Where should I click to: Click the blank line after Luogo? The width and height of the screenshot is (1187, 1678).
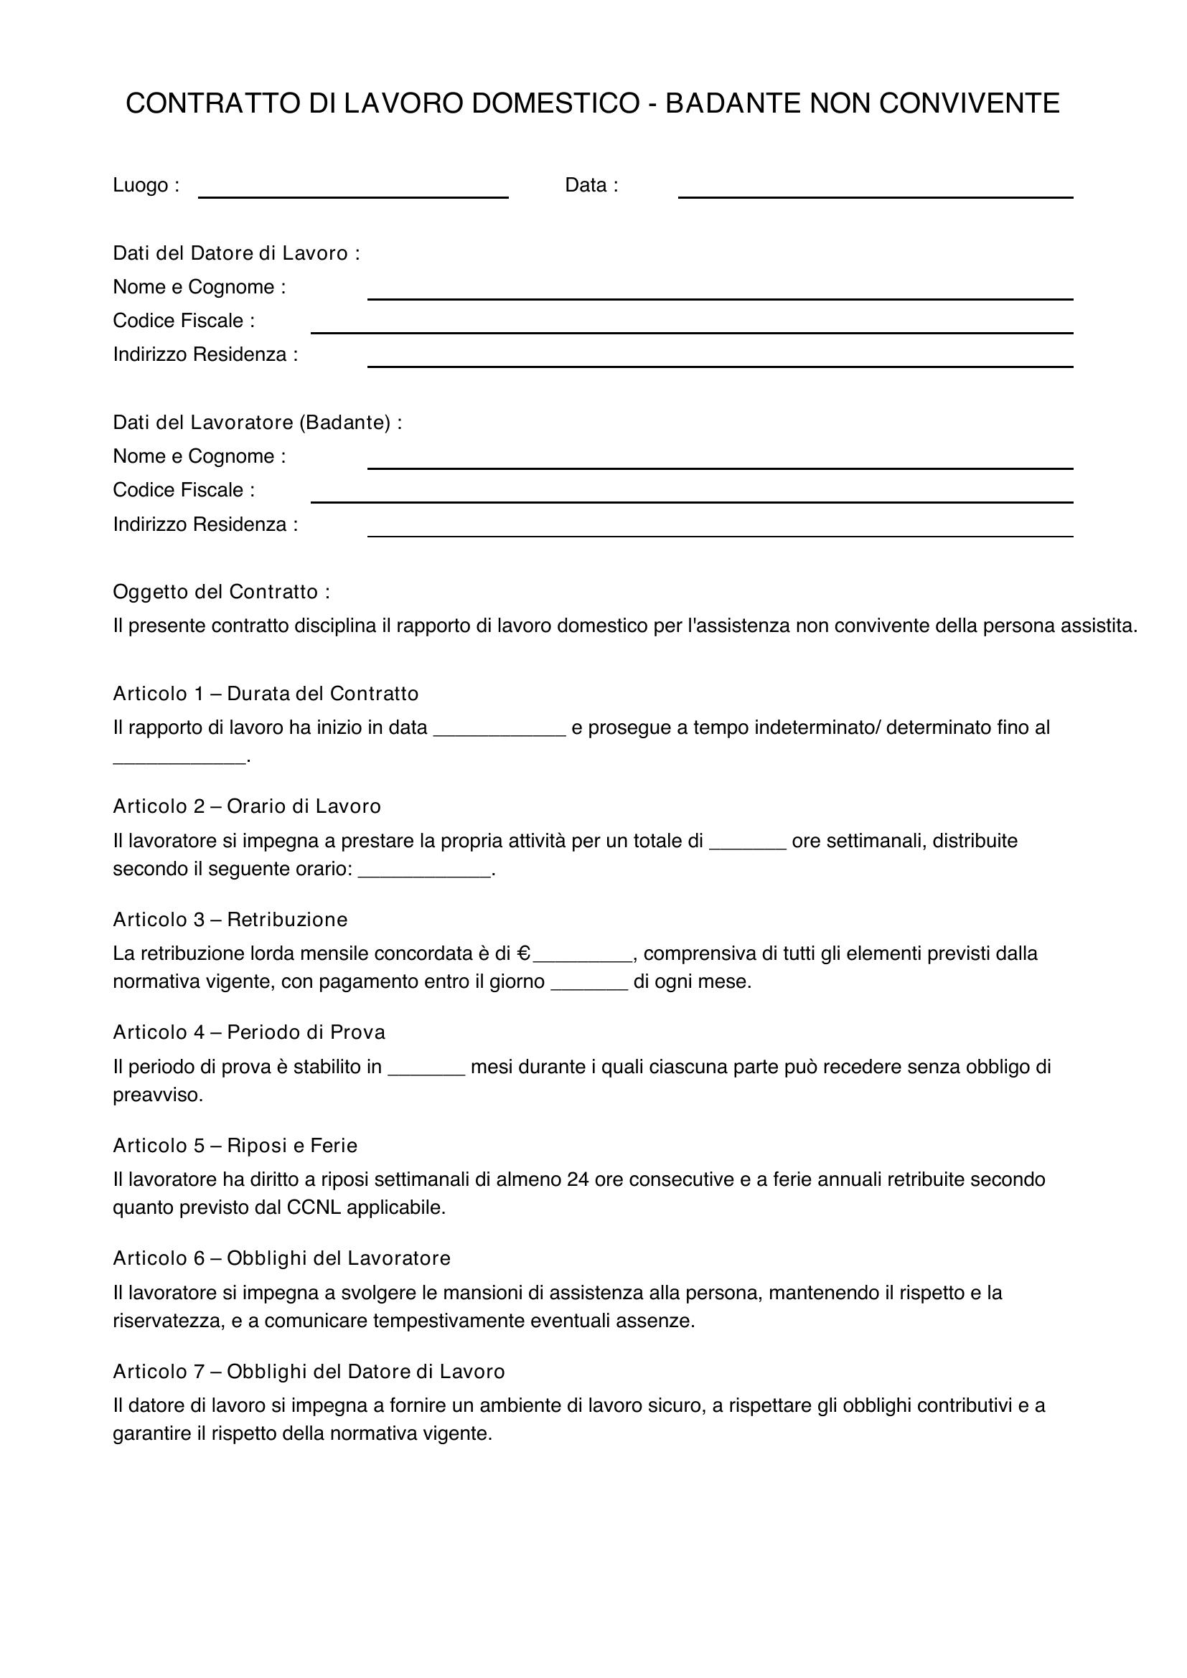[x=353, y=192]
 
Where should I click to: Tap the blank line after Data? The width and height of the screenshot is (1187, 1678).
[x=875, y=192]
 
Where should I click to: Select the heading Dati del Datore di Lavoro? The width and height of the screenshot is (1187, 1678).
[x=236, y=253]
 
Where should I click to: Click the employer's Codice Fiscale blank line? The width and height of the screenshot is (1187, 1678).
[x=691, y=327]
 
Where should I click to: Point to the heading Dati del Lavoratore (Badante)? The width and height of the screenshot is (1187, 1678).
[x=258, y=423]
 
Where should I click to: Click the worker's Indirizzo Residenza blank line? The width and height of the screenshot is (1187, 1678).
[x=720, y=531]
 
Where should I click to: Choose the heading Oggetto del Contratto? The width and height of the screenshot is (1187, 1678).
[x=222, y=591]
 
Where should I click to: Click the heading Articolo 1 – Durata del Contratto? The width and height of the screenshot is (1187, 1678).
[x=266, y=693]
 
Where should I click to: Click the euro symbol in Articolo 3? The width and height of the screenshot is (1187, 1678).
[x=523, y=953]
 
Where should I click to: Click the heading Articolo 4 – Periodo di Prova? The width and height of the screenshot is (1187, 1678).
[x=248, y=1032]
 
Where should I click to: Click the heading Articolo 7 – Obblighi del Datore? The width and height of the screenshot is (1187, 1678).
[x=309, y=1371]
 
